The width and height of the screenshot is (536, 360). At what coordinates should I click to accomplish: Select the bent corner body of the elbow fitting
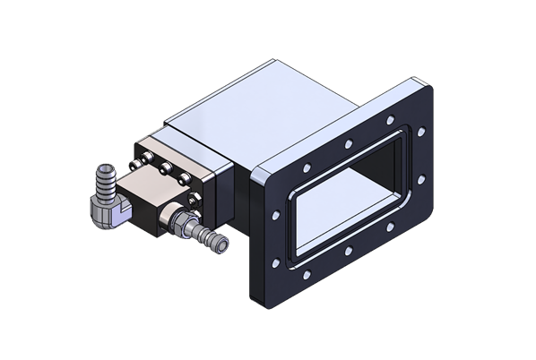[x=103, y=210]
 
